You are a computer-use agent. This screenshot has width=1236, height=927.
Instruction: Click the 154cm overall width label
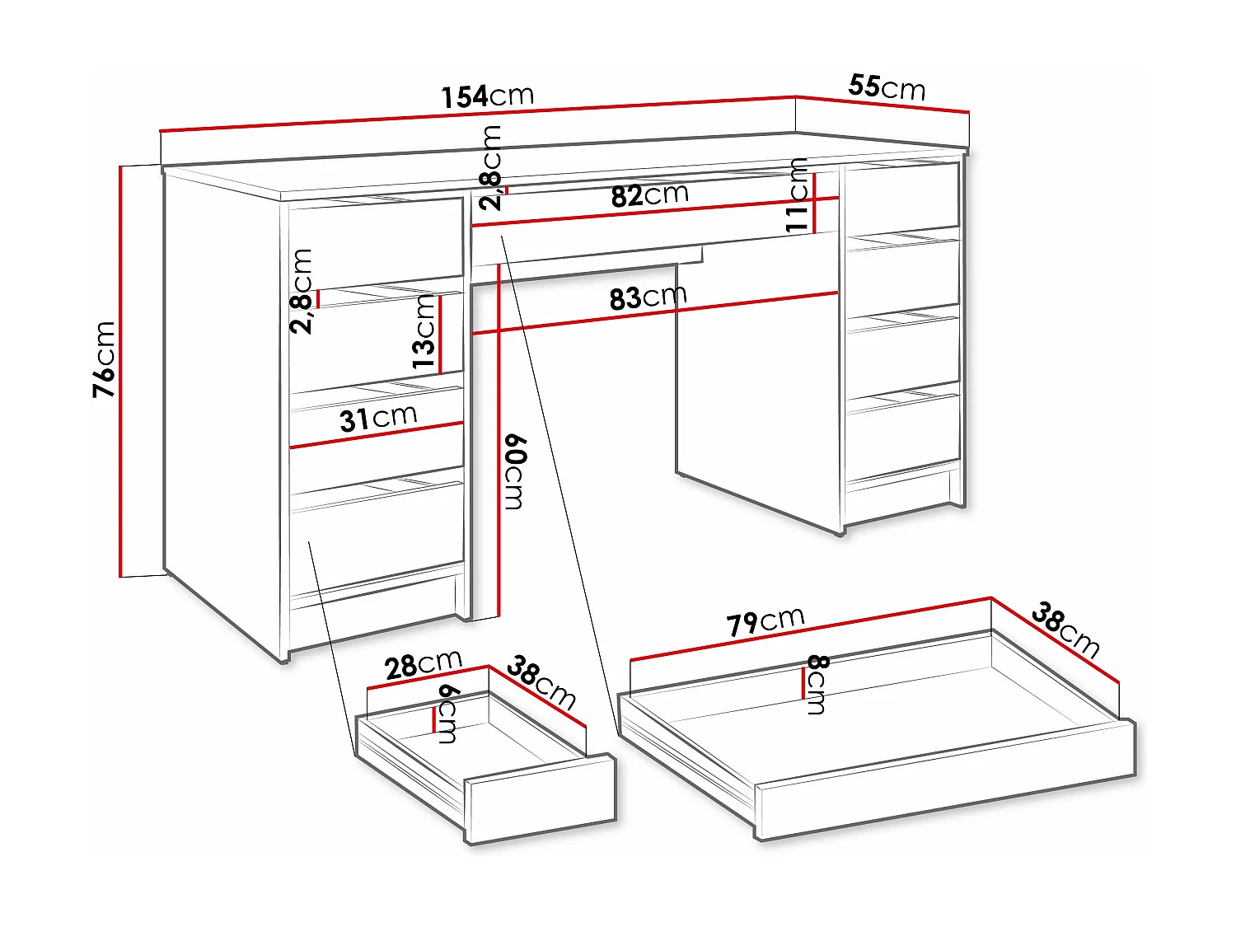pyautogui.click(x=487, y=96)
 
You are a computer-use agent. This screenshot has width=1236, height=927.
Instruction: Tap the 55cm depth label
pyautogui.click(x=887, y=87)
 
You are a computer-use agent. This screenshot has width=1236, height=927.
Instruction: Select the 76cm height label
pyautogui.click(x=105, y=359)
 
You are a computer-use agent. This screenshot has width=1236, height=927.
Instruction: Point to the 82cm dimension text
pyautogui.click(x=649, y=195)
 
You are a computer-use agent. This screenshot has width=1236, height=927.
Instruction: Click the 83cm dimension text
pyautogui.click(x=648, y=297)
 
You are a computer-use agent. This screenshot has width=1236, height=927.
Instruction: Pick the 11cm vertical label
pyautogui.click(x=797, y=195)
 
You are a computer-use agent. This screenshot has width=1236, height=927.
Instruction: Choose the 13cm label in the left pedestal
pyautogui.click(x=424, y=330)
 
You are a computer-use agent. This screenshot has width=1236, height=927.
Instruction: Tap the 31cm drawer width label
pyautogui.click(x=378, y=419)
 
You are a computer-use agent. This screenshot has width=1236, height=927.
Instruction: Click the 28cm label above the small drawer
pyautogui.click(x=424, y=664)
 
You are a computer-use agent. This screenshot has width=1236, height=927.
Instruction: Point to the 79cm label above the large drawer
pyautogui.click(x=765, y=621)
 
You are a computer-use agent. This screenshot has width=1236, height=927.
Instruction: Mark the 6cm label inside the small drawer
pyautogui.click(x=448, y=714)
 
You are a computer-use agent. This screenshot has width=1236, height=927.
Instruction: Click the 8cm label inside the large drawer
pyautogui.click(x=817, y=684)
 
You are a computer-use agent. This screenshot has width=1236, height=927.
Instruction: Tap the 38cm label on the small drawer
pyautogui.click(x=541, y=682)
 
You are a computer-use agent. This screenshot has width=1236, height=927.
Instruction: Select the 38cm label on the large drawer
pyautogui.click(x=1065, y=630)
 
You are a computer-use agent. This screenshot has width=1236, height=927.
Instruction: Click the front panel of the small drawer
pyautogui.click(x=541, y=798)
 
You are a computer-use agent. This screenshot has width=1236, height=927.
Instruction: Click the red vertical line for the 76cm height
pyautogui.click(x=120, y=371)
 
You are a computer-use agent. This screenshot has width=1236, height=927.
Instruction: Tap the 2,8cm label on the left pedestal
pyautogui.click(x=302, y=291)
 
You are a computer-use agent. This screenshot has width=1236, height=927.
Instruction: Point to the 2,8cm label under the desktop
pyautogui.click(x=491, y=168)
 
